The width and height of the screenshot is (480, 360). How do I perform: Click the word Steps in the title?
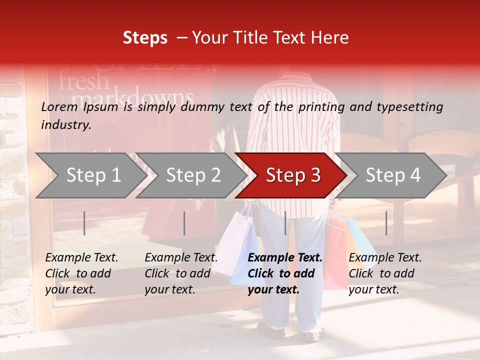(145, 38)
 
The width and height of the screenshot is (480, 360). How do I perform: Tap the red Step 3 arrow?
(293, 175)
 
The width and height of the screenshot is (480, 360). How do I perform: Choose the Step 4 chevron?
(393, 175)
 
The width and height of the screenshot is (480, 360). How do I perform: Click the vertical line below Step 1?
(84, 223)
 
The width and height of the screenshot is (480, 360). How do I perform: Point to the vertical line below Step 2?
(184, 223)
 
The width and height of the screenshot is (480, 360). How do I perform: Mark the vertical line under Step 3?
(285, 223)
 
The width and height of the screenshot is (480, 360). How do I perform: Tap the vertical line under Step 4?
(386, 223)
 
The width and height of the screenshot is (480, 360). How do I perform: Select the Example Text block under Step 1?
(81, 273)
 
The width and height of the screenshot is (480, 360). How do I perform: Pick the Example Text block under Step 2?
(181, 273)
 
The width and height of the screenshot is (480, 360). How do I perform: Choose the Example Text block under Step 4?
(385, 273)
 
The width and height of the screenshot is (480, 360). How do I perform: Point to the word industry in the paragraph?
(65, 125)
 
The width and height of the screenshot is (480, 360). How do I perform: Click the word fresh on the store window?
(83, 81)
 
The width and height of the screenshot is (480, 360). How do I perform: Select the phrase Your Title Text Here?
(270, 38)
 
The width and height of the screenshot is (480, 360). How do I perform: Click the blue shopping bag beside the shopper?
(360, 240)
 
